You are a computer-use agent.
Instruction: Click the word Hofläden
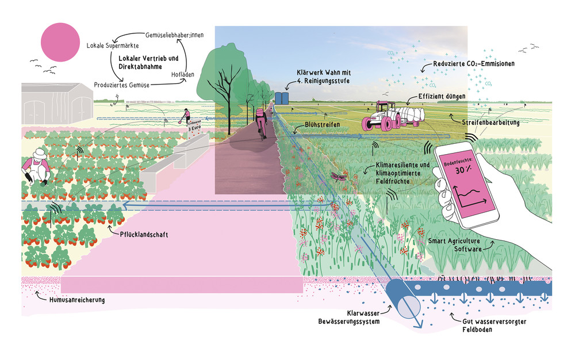tap(183, 74)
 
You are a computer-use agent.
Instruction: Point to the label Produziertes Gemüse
tap(122, 85)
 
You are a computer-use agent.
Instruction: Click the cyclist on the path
tap(262, 122)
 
